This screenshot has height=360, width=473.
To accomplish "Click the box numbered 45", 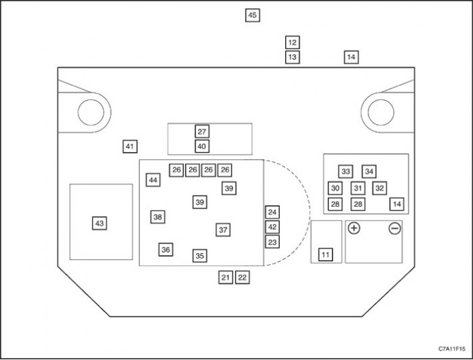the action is (252, 15).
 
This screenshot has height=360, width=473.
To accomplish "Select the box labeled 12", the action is (292, 42).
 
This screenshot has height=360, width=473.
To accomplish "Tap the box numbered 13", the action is (292, 57).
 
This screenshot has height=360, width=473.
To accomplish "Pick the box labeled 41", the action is (130, 147).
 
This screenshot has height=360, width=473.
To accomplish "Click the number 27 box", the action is (202, 131).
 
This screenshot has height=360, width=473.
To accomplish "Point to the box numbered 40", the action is (202, 147).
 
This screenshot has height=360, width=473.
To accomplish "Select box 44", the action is (153, 180).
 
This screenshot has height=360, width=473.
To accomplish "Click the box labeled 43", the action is (99, 223).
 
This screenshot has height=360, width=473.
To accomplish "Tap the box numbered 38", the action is (158, 217).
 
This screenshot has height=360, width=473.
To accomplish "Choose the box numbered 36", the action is (166, 249).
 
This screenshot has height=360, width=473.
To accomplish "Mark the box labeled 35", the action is (200, 255).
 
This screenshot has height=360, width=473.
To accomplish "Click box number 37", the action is (223, 230).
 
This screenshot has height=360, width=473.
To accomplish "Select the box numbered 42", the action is (272, 227).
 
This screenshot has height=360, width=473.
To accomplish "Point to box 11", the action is (326, 255).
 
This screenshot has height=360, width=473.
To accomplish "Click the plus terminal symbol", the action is (354, 228).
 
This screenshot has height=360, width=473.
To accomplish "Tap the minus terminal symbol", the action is (395, 229).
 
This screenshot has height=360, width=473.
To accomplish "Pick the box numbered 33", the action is (345, 172).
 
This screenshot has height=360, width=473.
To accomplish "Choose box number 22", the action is (242, 277).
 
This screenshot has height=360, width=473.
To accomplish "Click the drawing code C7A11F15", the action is (452, 349).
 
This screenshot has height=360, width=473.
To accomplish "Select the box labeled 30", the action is (335, 188).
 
